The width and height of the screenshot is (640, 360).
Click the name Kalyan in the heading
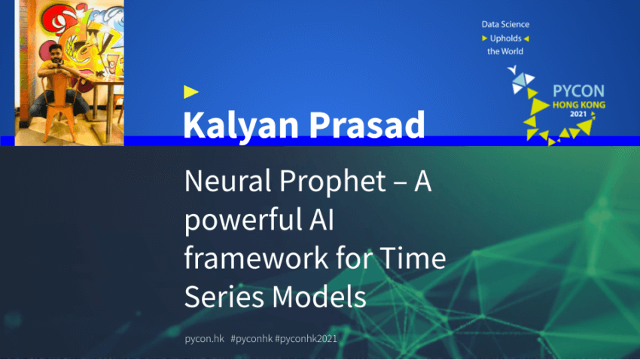tap(241, 126)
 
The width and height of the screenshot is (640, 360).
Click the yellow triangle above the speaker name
tap(190, 92)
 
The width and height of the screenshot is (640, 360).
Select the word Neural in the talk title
tap(228, 181)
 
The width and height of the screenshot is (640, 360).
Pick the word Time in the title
tap(413, 258)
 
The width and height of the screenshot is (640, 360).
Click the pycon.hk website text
tap(205, 339)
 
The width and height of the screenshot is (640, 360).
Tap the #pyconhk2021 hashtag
tap(306, 339)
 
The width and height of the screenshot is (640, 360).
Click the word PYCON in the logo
tap(578, 91)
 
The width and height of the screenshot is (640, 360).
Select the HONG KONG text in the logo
tap(579, 105)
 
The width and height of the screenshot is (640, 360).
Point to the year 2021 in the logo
tap(578, 114)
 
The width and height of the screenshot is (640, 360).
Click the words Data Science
tap(505, 25)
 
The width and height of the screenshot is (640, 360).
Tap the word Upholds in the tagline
tap(506, 38)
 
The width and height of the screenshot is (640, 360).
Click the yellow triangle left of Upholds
tap(484, 38)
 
